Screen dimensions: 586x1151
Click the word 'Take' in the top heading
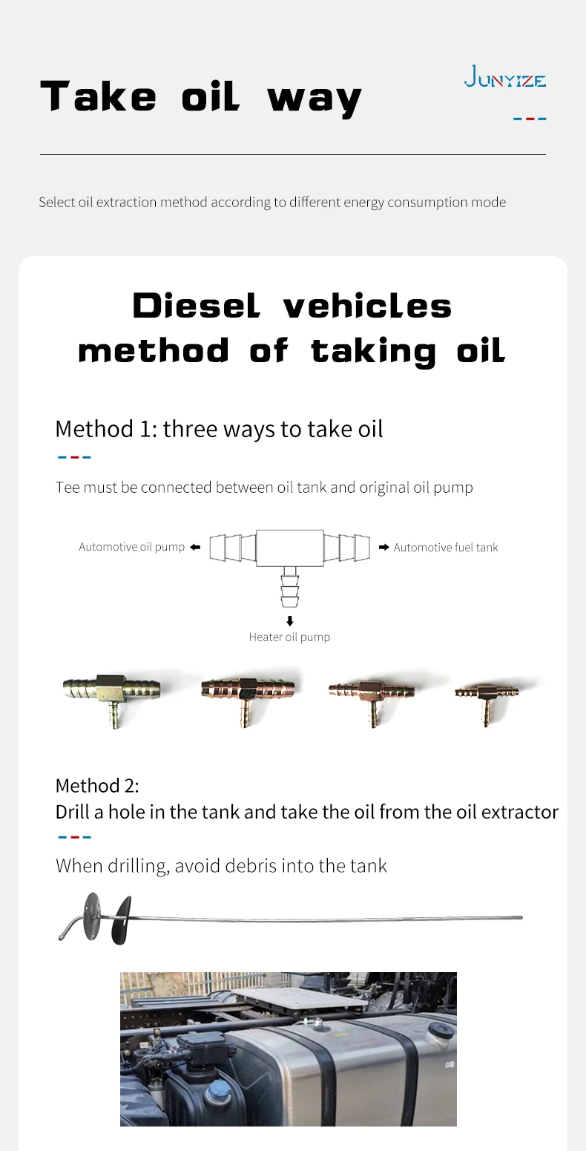click(98, 96)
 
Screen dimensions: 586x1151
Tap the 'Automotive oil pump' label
click(131, 547)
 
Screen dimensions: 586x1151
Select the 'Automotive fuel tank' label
click(446, 547)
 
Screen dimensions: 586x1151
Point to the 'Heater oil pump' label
click(289, 637)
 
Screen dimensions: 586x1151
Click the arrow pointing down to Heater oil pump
click(290, 621)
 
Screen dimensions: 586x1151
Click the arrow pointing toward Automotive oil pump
click(195, 547)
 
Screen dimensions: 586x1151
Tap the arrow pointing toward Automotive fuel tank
click(383, 547)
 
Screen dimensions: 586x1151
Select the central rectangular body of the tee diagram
click(289, 548)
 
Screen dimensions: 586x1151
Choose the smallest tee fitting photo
click(487, 701)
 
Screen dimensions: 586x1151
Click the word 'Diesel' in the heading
click(197, 306)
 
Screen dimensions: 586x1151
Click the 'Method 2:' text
click(97, 786)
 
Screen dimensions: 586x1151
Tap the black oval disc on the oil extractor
click(121, 920)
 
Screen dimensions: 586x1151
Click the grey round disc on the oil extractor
click(93, 916)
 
